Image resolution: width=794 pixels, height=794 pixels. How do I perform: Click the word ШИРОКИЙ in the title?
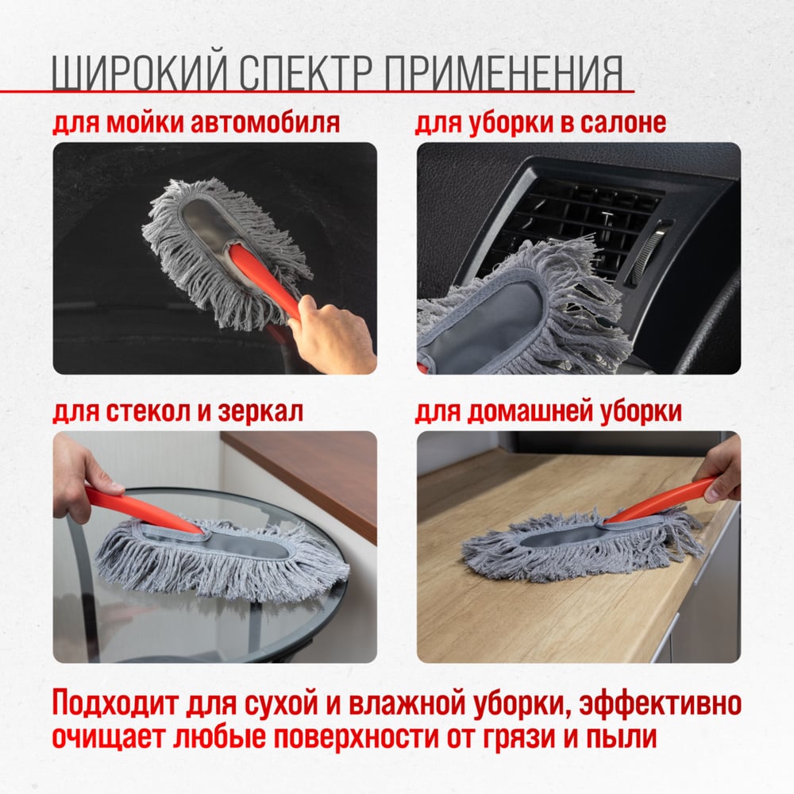139,72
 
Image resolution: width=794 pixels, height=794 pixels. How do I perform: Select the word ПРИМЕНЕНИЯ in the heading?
503,72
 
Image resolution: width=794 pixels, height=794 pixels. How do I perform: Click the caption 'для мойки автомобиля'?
196,123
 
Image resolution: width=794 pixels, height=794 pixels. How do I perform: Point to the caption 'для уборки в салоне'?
540,123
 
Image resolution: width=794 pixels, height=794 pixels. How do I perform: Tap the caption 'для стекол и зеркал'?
178,411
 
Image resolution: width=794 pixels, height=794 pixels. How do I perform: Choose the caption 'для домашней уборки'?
549,411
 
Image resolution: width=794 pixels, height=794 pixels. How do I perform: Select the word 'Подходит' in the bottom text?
115,703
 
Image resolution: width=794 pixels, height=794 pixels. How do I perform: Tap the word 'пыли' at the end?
622,738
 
